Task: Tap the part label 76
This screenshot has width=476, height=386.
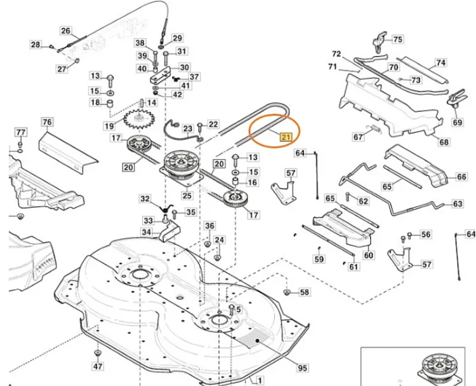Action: coord(46,122)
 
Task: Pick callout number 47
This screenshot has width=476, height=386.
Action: coord(97,367)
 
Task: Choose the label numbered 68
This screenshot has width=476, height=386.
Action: coord(444,142)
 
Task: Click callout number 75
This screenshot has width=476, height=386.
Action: coord(397,39)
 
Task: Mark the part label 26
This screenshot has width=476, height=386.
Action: coord(66,31)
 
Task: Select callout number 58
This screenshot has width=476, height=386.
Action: coord(305,293)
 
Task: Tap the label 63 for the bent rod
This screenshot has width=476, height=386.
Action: coord(457,204)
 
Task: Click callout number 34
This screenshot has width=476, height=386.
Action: coord(146,232)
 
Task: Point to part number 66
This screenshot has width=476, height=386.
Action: coord(461,177)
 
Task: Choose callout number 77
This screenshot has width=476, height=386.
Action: coord(21,132)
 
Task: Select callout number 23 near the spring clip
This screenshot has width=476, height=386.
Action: coord(188,129)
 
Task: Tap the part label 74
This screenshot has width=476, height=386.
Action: coord(440,63)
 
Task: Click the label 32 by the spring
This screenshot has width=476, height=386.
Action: coord(145,199)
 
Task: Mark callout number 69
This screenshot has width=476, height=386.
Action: coord(458,121)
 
